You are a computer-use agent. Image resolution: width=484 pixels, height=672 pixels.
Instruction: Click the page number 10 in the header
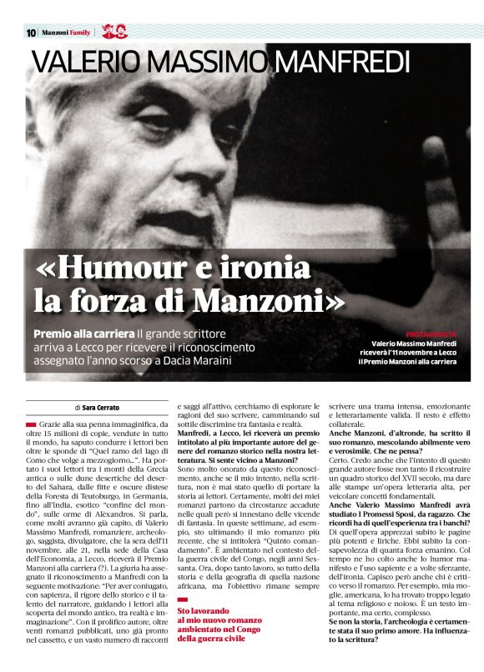point(31,33)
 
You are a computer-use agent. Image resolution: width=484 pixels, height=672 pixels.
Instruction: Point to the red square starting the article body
point(31,425)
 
